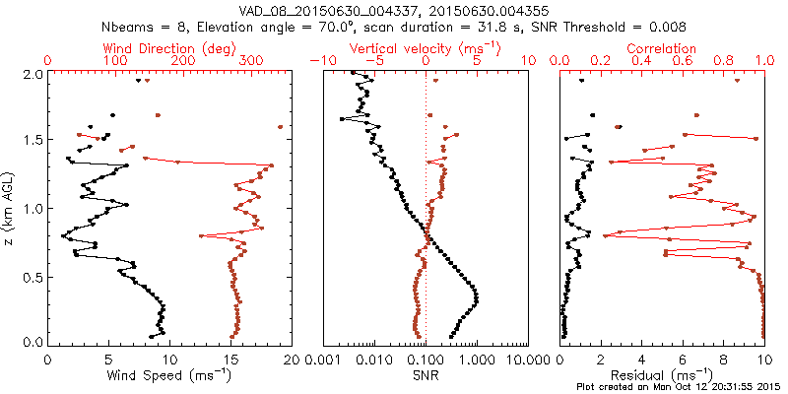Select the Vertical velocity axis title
425,47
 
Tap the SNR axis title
426,375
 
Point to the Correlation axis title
662,47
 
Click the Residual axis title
662,375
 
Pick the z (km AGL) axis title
11,208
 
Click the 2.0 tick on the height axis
32,74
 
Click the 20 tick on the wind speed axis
291,360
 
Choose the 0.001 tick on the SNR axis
322,360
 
